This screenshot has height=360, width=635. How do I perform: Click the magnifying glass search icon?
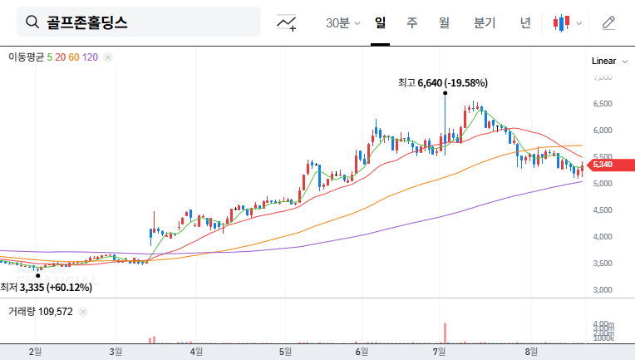(33, 22)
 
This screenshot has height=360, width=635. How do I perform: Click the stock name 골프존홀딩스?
(87, 22)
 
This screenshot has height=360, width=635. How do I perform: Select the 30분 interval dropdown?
(342, 22)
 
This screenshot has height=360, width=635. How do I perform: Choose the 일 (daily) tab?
(380, 22)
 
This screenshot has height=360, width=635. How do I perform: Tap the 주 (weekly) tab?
(411, 22)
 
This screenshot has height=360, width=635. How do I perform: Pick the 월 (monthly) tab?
(444, 22)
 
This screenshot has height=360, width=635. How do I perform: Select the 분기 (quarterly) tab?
(485, 22)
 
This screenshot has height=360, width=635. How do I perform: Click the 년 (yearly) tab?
(524, 22)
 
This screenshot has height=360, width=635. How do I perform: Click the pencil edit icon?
(608, 22)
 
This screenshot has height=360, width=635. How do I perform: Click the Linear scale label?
(603, 61)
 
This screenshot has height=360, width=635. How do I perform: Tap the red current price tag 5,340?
(603, 165)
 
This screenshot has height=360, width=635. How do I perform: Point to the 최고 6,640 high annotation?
(442, 82)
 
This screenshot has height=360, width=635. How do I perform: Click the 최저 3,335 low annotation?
(46, 287)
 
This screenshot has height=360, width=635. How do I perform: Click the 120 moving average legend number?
(91, 57)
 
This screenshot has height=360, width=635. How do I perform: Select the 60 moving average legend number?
(74, 57)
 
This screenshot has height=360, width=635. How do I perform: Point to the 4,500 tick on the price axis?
(603, 210)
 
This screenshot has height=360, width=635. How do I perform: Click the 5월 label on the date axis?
(287, 352)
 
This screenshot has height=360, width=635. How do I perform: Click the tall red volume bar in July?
(445, 332)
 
